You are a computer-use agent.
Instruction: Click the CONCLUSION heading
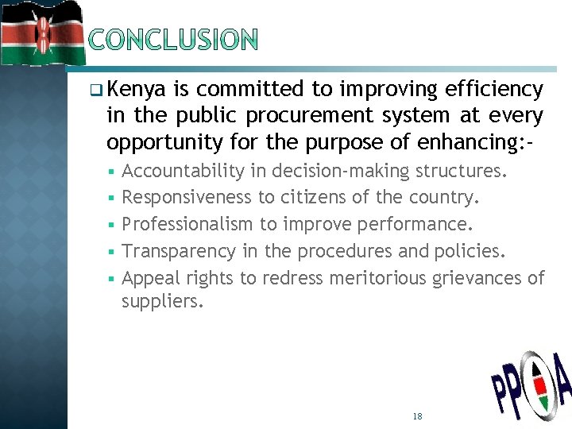click(173, 39)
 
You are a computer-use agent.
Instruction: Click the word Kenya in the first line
click(135, 89)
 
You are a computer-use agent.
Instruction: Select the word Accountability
click(183, 171)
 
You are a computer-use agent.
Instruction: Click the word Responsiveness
click(187, 197)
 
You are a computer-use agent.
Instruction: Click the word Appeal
click(151, 278)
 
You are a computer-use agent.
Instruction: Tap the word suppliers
click(161, 302)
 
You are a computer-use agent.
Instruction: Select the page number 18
click(418, 416)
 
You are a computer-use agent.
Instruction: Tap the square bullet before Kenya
click(96, 90)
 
